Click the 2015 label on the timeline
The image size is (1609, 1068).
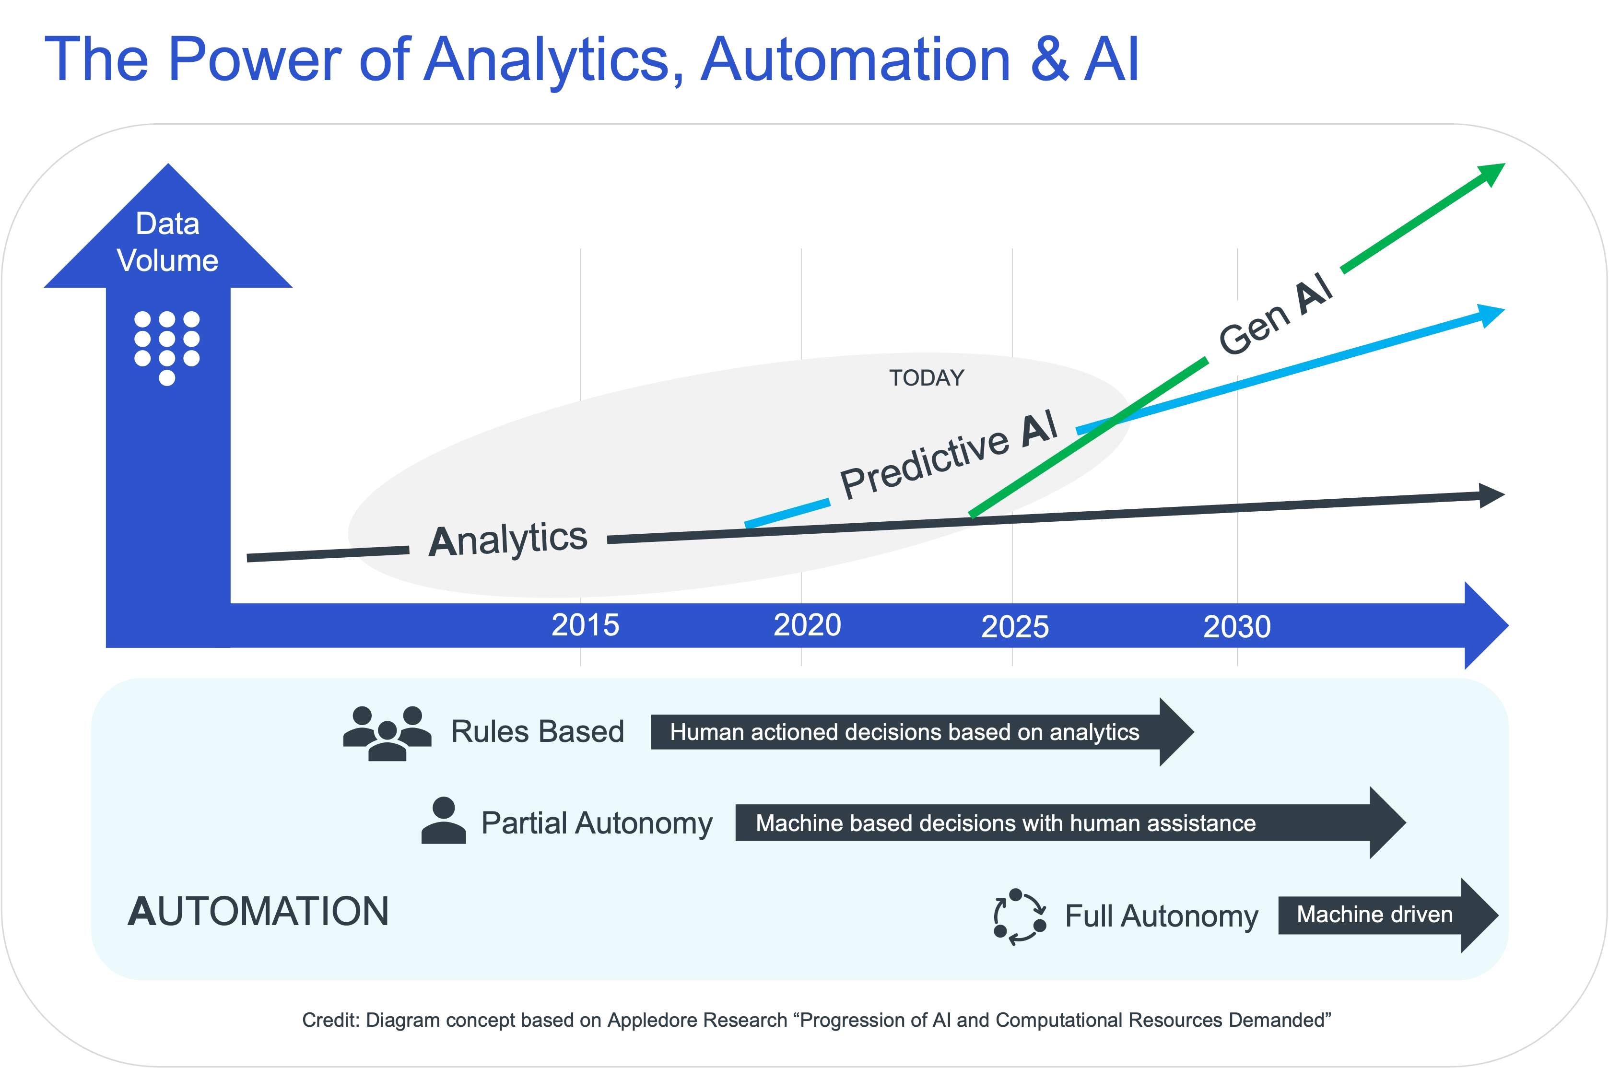[x=585, y=625]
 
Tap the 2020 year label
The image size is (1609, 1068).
[x=807, y=625]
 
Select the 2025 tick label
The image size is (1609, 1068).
[x=1014, y=627]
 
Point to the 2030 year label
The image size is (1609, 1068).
[x=1236, y=627]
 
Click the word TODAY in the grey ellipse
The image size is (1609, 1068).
[x=927, y=378]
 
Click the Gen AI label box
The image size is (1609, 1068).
[x=1274, y=314]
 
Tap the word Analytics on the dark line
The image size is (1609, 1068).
[x=507, y=540]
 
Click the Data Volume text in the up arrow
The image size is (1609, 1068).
[x=167, y=242]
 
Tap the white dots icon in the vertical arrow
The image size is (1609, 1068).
[x=167, y=347]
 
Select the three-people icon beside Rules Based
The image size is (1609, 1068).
[x=387, y=733]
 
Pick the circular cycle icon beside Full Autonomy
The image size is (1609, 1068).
[x=1019, y=916]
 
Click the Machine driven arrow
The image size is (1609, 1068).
[x=1383, y=915]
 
